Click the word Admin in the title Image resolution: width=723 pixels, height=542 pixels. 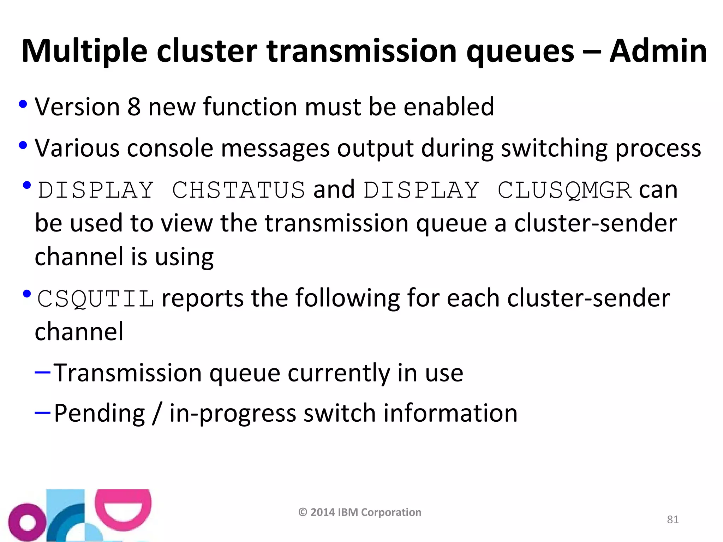[x=658, y=51]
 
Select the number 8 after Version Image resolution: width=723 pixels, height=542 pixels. [x=134, y=107]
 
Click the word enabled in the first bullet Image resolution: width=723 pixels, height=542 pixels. [x=448, y=107]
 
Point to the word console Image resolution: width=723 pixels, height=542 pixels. [x=170, y=148]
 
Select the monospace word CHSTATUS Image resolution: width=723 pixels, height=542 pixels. [x=238, y=190]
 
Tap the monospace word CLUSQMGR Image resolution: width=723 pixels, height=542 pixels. [x=564, y=190]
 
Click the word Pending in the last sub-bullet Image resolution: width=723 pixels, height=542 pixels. [x=99, y=413]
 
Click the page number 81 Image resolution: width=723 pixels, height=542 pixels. [x=673, y=519]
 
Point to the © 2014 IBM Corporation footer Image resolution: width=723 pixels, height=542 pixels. [x=360, y=512]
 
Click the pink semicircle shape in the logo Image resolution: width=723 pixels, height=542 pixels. [x=123, y=508]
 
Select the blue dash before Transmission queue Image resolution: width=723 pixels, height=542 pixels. [x=43, y=372]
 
